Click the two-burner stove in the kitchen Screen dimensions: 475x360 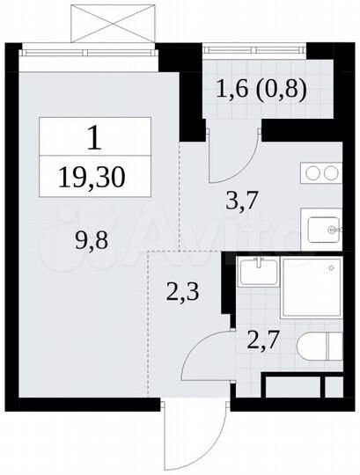click(322, 174)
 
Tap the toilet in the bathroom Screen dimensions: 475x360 click(316, 346)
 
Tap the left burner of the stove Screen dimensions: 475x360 click(313, 174)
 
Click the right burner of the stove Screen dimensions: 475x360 click(332, 174)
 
